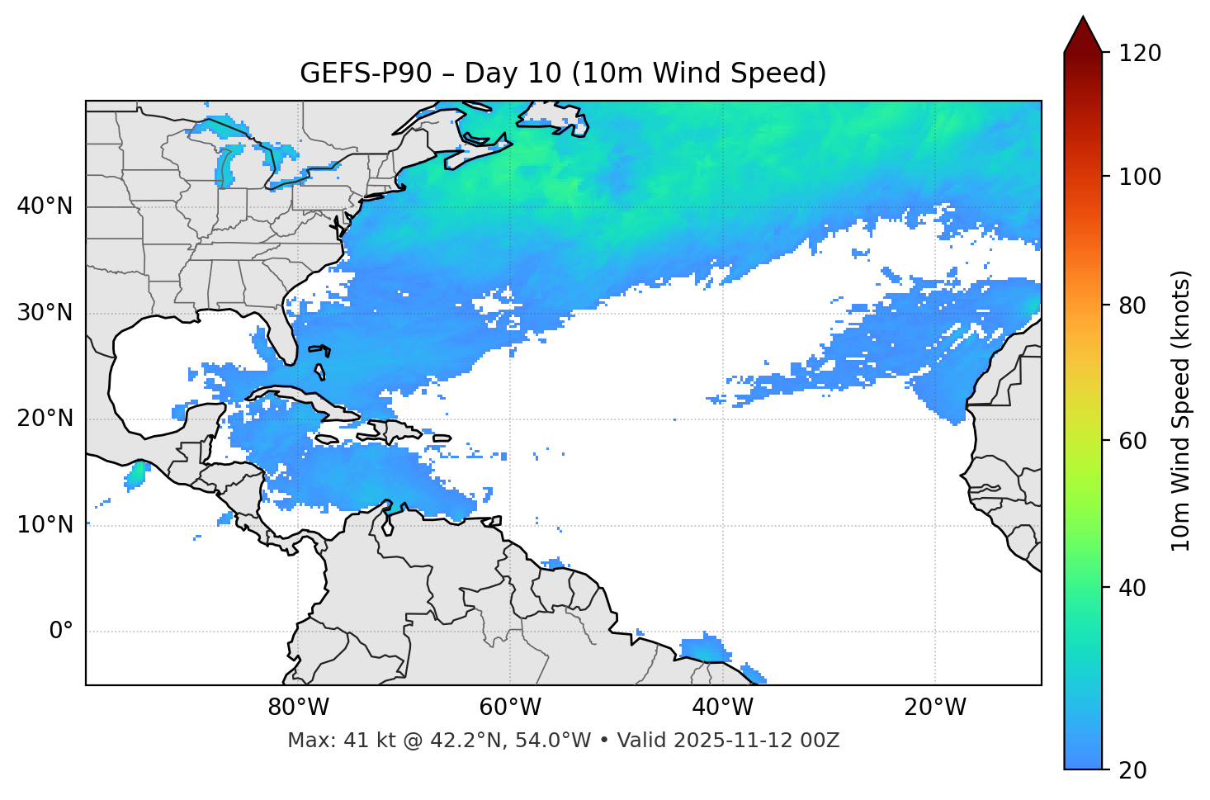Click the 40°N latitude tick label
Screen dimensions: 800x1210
point(45,206)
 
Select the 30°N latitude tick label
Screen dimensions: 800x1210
point(45,313)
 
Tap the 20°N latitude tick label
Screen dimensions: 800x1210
point(45,419)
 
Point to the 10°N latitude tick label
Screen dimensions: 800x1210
point(45,525)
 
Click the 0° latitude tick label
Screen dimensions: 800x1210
point(61,631)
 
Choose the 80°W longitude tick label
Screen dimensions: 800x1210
point(298,708)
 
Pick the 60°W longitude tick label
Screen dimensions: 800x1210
point(510,708)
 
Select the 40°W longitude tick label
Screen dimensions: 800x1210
point(723,708)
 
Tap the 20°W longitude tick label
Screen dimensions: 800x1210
point(935,708)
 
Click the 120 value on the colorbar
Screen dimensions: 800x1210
point(1139,53)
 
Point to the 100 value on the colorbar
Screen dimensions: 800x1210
point(1139,177)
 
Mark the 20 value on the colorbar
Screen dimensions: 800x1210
point(1133,769)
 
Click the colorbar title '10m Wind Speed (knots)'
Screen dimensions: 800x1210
point(1181,410)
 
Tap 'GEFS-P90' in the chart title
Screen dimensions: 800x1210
point(366,73)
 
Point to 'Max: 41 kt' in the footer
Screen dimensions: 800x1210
point(326,741)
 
